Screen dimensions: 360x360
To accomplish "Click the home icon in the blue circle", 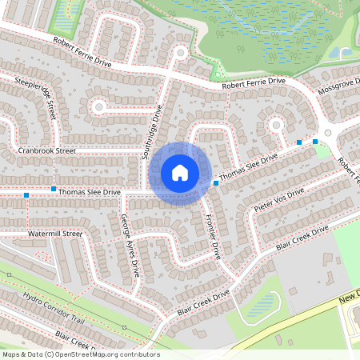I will click(180, 173).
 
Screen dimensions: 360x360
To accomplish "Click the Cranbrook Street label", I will click(46, 150).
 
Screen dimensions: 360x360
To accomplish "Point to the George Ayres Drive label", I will click(130, 244).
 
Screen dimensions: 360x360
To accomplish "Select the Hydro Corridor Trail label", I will click(54, 308).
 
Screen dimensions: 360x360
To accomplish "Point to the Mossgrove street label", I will click(340, 86).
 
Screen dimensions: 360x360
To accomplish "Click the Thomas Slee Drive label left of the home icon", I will click(89, 192).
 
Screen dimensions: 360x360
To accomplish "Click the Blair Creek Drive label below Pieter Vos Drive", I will click(302, 238).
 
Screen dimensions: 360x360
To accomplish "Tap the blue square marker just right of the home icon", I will click(216, 183).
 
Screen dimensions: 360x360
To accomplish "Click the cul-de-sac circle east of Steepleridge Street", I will click(99, 106).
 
